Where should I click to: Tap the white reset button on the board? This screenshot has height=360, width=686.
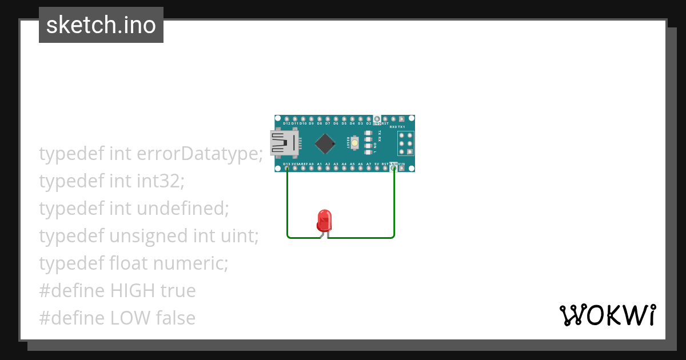355,142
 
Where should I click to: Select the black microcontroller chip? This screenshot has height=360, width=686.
325,143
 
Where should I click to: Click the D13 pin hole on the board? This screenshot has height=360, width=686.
286,169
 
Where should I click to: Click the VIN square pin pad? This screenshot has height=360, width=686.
401,169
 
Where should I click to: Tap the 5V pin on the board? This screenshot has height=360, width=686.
377,169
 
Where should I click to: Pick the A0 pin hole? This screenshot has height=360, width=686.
311,169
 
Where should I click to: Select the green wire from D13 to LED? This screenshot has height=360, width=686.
288,206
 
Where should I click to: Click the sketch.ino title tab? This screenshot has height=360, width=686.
101,25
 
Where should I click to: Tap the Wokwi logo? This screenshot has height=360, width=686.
607,315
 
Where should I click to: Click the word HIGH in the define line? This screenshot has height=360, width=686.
133,291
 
